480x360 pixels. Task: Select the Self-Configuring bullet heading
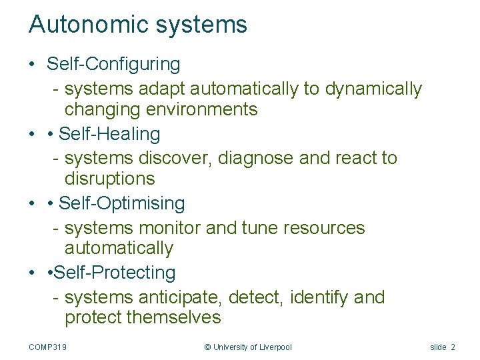coord(113,65)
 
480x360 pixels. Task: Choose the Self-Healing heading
coord(109,134)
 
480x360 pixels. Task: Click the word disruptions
coord(109,179)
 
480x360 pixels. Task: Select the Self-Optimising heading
coord(122,203)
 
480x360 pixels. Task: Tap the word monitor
coord(169,228)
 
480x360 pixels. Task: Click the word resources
coord(324,228)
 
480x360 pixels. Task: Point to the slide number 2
coord(453,347)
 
